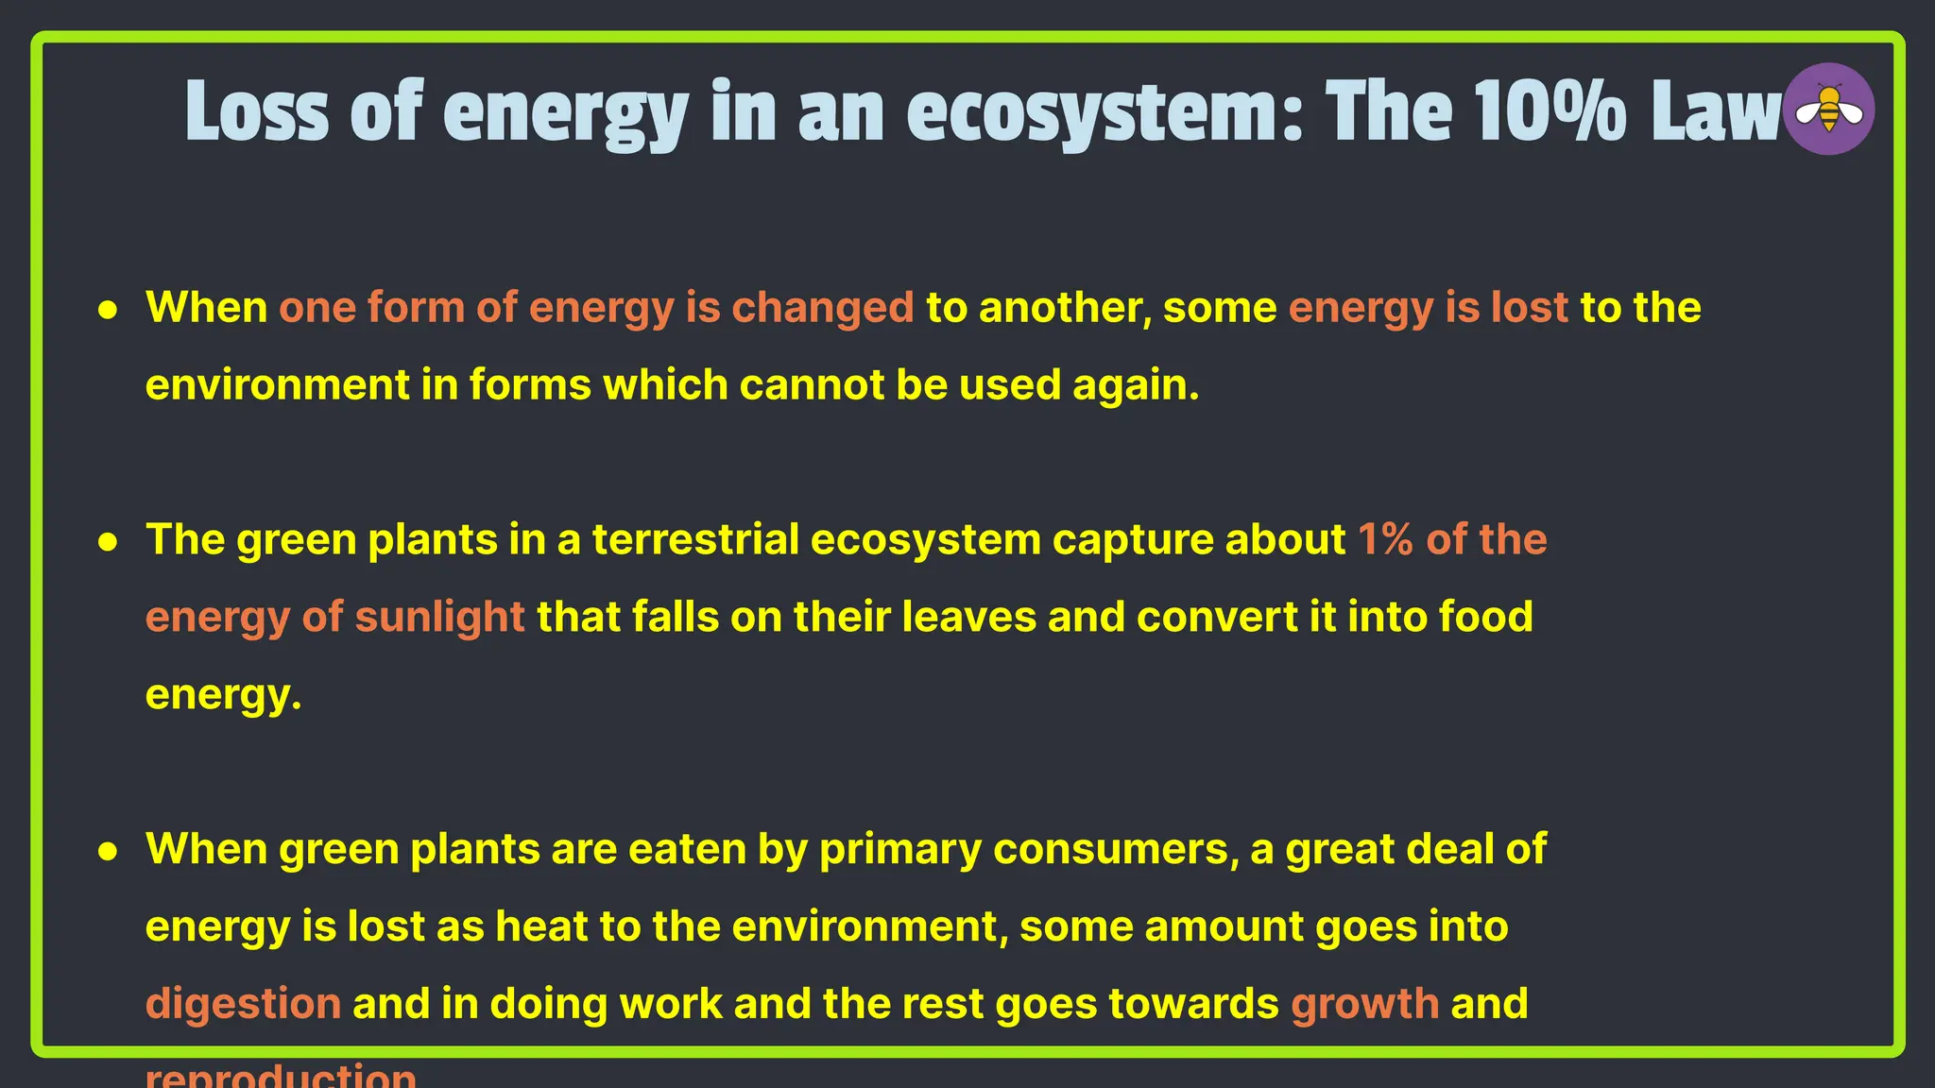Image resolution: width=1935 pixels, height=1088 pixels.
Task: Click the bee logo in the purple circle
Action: tap(1829, 109)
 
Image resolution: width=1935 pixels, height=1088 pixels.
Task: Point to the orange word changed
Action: tap(823, 308)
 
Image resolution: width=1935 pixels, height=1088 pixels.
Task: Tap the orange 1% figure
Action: tap(1385, 540)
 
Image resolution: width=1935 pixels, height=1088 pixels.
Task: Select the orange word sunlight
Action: tap(439, 618)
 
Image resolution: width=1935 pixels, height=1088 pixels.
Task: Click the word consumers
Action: tap(1116, 849)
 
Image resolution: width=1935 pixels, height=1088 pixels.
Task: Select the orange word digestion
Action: tap(243, 1004)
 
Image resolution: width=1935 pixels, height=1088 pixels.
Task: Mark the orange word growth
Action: tap(1364, 1004)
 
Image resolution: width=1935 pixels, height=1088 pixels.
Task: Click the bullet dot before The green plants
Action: tap(109, 542)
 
